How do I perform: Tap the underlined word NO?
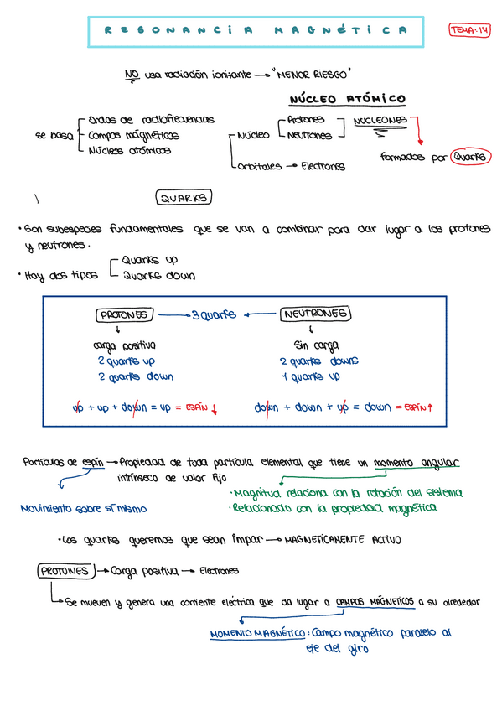tap(132, 75)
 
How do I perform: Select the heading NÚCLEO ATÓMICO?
tap(347, 99)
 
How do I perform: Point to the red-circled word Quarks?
tap(469, 156)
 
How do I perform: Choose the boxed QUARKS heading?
tap(184, 198)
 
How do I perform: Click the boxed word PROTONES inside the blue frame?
tap(124, 315)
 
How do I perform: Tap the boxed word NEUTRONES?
tap(315, 314)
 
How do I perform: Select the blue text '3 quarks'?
tap(214, 315)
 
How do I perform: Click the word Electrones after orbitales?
tap(323, 166)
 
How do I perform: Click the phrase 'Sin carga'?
tap(315, 345)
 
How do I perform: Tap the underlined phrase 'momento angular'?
tap(417, 463)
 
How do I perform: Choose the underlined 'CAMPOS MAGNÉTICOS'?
tap(375, 601)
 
